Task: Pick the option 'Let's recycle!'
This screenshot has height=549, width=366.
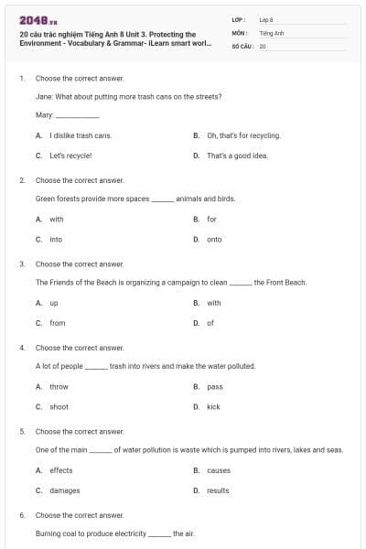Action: tap(71, 156)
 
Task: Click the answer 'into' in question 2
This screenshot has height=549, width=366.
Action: tap(56, 240)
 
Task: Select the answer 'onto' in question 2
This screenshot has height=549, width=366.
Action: tap(214, 240)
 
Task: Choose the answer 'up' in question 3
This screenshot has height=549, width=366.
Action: tap(54, 303)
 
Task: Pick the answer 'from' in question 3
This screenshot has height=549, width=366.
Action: tap(58, 323)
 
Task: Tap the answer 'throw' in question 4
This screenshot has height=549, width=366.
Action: tap(59, 387)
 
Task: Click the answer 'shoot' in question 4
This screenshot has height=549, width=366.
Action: tap(59, 407)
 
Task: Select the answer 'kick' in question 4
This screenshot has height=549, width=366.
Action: tap(213, 407)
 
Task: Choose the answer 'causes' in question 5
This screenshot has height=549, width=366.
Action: tap(219, 470)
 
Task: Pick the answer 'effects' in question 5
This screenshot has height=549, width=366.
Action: tap(61, 470)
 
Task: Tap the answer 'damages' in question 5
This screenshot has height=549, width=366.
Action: tap(65, 490)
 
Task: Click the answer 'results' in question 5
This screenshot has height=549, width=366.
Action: tap(218, 490)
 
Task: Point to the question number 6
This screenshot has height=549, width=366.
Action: tap(22, 515)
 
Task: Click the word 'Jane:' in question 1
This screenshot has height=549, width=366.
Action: tap(44, 96)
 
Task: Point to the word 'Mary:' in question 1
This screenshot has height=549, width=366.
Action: tap(44, 115)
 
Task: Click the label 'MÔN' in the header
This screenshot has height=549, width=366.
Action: tap(239, 32)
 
